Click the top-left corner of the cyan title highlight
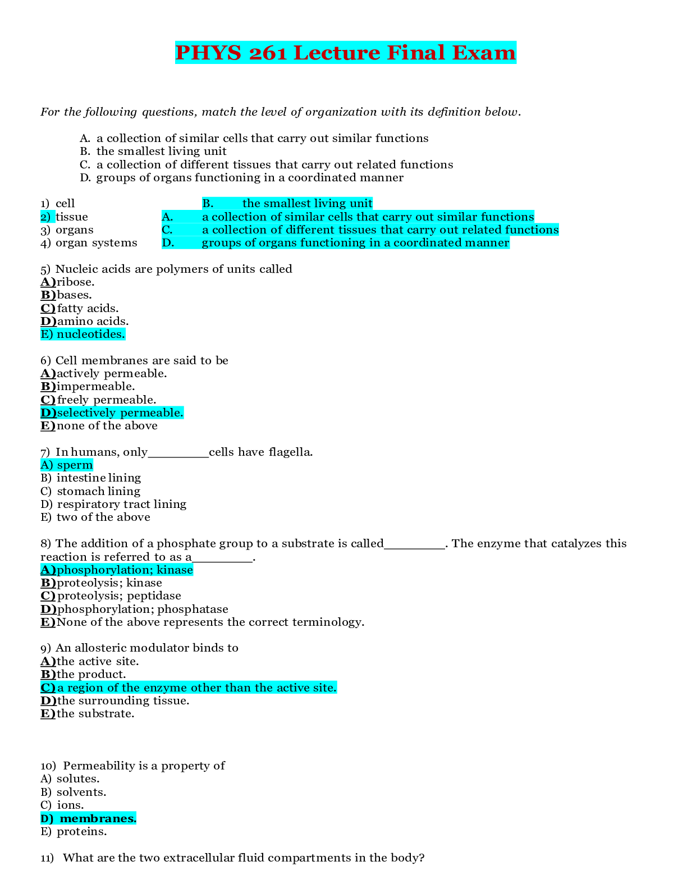click(x=175, y=41)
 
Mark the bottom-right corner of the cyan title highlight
click(x=516, y=64)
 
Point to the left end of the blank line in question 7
click(x=148, y=457)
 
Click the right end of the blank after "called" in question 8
click(x=445, y=549)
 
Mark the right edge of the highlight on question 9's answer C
click(x=337, y=688)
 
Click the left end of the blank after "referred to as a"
click(x=193, y=562)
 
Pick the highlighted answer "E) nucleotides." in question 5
click(x=83, y=334)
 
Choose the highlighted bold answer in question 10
click(x=88, y=818)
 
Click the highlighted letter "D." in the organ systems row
click(x=168, y=242)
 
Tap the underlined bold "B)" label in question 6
click(x=48, y=387)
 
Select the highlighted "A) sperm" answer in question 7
click(x=67, y=465)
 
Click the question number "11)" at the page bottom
click(x=47, y=858)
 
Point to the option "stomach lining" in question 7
click(x=99, y=491)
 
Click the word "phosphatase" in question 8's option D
click(x=193, y=609)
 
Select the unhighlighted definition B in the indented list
click(x=153, y=152)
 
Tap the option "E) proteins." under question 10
click(x=74, y=832)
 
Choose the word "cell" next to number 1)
click(x=65, y=204)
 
